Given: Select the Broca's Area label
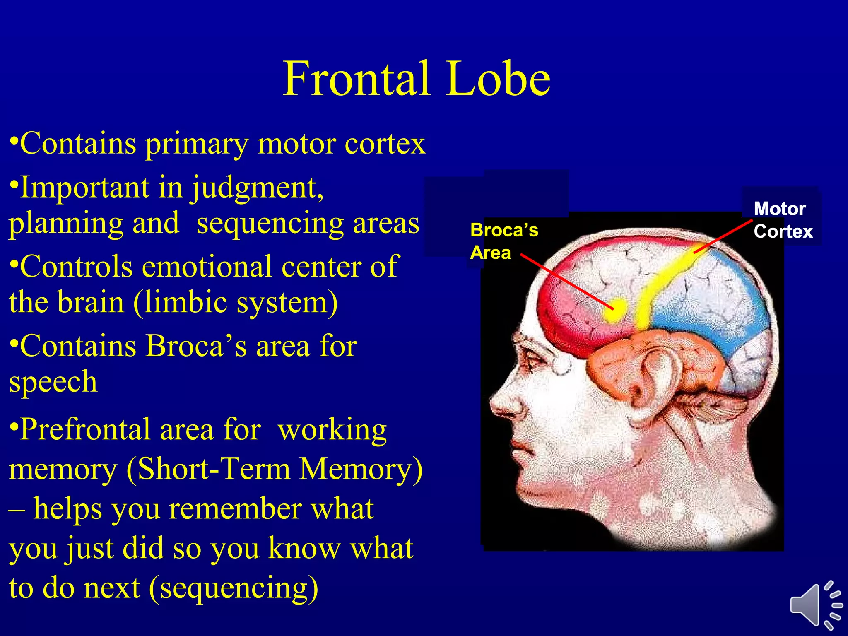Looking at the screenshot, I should coord(503,241).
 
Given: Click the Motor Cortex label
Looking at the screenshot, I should coord(782,220).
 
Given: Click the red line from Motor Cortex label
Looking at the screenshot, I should coord(723,236).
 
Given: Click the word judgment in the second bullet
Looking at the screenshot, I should coord(257,188).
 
